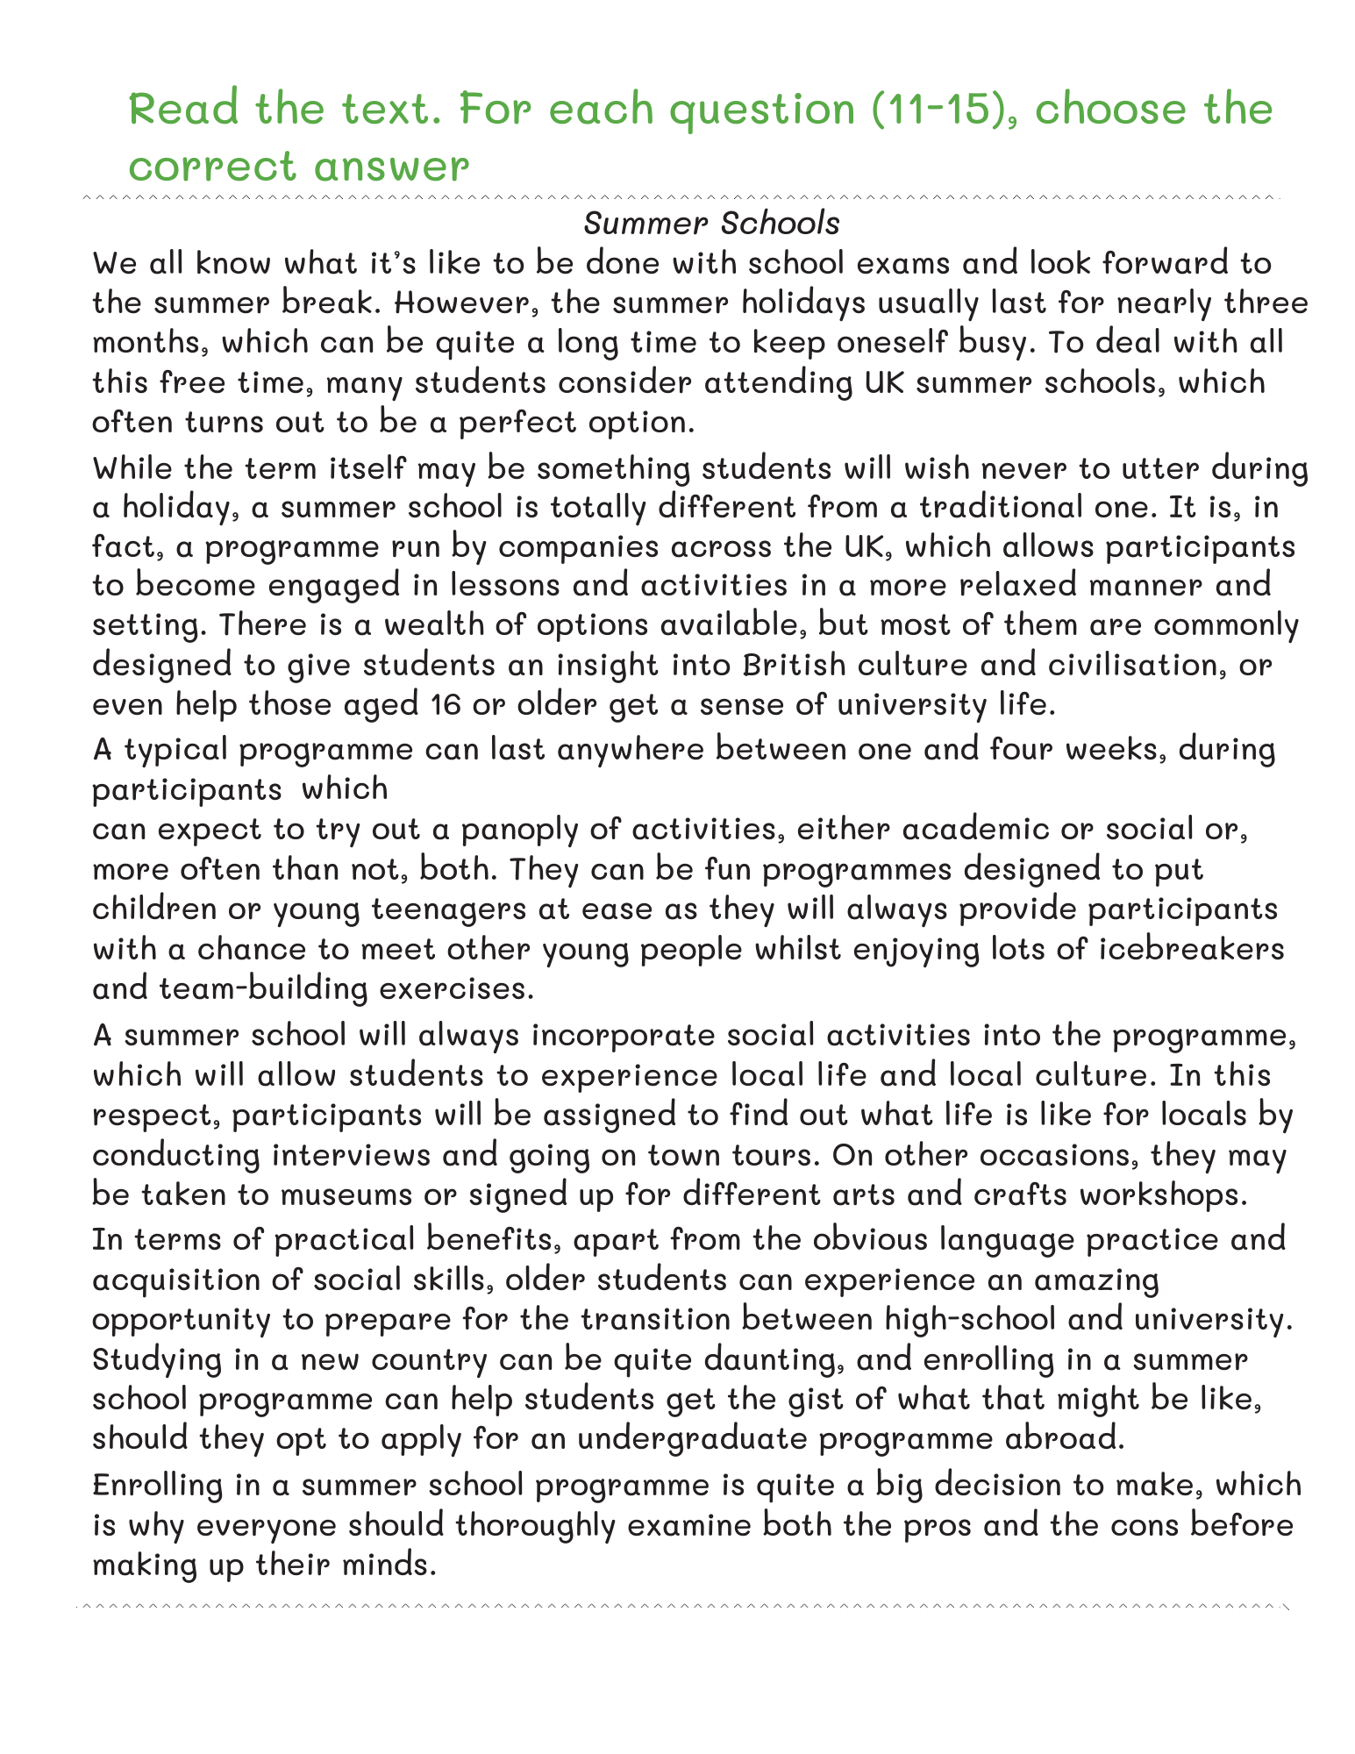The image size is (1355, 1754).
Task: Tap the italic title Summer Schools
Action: [711, 224]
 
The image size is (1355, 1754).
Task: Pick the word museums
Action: [329, 1194]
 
